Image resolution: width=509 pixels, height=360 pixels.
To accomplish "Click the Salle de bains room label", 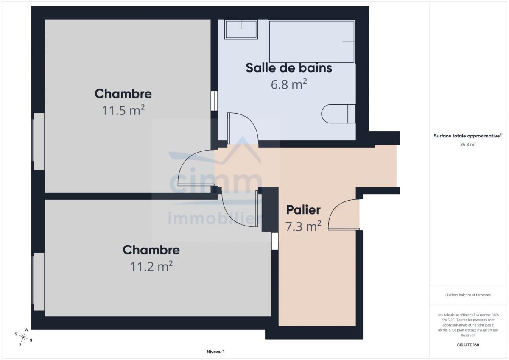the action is pyautogui.click(x=289, y=68).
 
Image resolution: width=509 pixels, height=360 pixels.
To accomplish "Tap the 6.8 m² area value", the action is pyautogui.click(x=289, y=84).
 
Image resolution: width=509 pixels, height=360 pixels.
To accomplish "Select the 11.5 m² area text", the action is pyautogui.click(x=123, y=110).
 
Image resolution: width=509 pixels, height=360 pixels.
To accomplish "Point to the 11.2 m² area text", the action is pyautogui.click(x=151, y=266).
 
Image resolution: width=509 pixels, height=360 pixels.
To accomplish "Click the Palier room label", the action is pyautogui.click(x=303, y=210).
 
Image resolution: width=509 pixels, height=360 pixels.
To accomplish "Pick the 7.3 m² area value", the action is pyautogui.click(x=303, y=226).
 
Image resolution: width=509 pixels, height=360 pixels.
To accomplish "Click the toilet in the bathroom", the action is pyautogui.click(x=338, y=114).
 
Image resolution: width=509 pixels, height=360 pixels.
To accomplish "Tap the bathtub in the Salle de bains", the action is pyautogui.click(x=311, y=42).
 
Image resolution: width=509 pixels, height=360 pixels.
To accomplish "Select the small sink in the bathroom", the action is pyautogui.click(x=241, y=30).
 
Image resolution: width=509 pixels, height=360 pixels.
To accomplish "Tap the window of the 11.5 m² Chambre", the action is pyautogui.click(x=38, y=142).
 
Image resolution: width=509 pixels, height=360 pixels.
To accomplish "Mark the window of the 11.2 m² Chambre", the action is pyautogui.click(x=38, y=282).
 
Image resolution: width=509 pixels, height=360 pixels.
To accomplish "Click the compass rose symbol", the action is pyautogui.click(x=23, y=337).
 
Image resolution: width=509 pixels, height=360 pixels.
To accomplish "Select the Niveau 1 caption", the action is pyautogui.click(x=215, y=352).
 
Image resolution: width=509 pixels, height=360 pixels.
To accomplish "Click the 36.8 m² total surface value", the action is pyautogui.click(x=468, y=144).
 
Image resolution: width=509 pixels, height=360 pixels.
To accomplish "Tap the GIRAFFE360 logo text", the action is pyautogui.click(x=468, y=345).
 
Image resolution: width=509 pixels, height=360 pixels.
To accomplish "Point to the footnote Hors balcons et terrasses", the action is pyautogui.click(x=468, y=295).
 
